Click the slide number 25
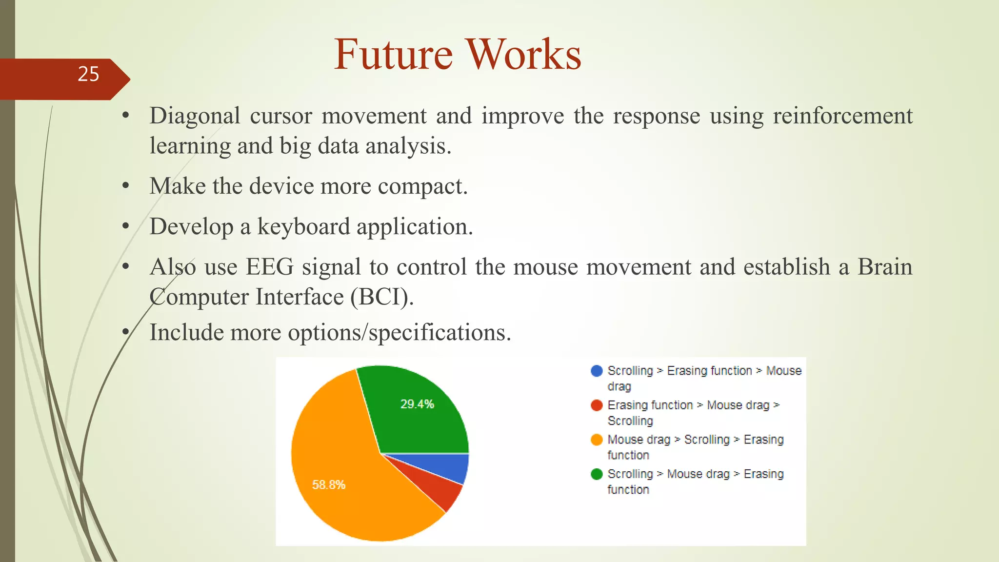pos(88,74)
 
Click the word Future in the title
pos(393,55)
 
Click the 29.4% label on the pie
pos(417,404)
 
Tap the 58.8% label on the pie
pos(329,484)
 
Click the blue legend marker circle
pos(597,371)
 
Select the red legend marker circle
pos(597,405)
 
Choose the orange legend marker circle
pos(597,440)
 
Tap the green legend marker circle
pos(597,474)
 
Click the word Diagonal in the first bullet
pos(195,116)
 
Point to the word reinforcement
pos(842,116)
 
